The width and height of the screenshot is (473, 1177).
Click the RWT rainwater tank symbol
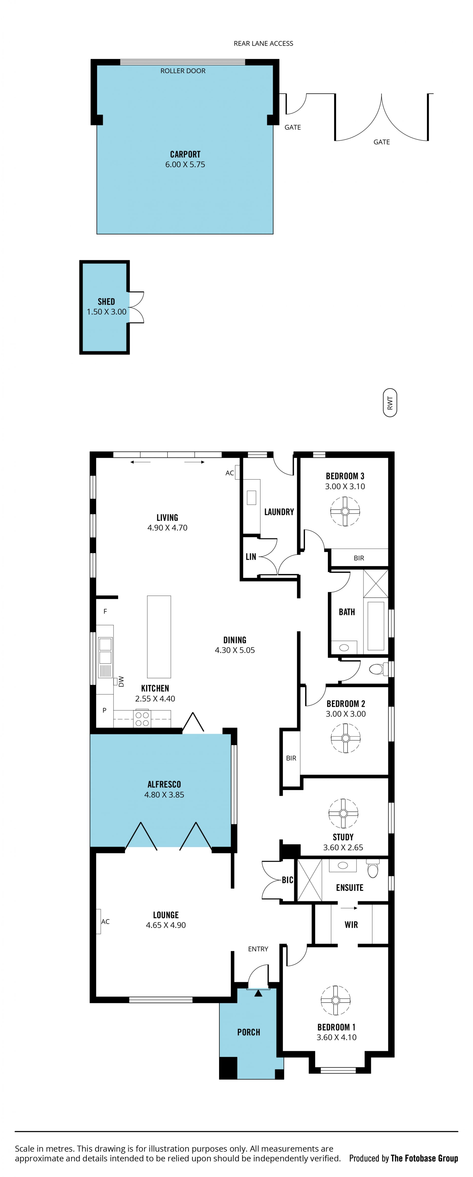(x=389, y=402)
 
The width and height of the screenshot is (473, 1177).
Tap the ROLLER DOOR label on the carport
(x=183, y=71)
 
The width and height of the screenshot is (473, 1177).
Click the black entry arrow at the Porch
(x=258, y=993)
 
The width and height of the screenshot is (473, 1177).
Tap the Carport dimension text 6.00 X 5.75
(x=185, y=165)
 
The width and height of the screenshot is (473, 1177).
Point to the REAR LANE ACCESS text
(x=263, y=43)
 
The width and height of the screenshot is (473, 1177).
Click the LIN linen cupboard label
(x=251, y=557)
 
